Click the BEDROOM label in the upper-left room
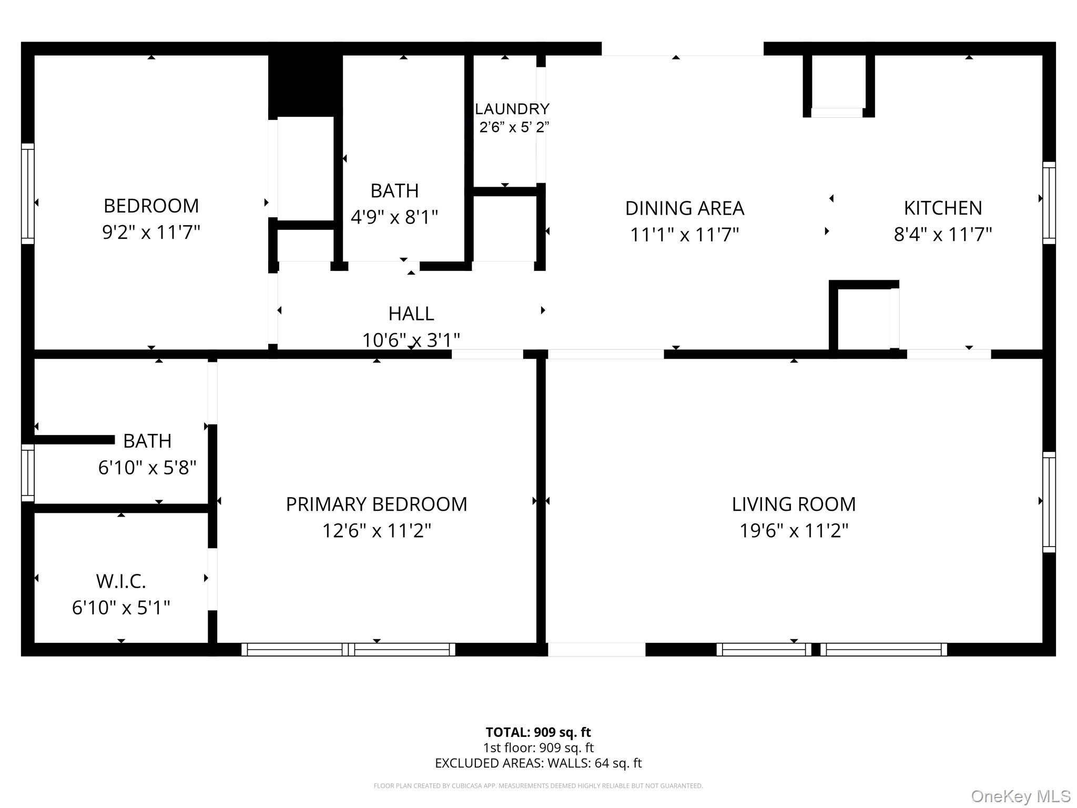tap(151, 206)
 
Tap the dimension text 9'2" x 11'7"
tap(151, 232)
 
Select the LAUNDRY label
tap(512, 109)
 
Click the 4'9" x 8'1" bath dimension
tap(394, 217)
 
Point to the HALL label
tap(411, 314)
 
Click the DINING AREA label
tap(684, 208)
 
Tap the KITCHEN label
tap(942, 208)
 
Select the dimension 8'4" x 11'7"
tap(942, 234)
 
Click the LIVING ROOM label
tap(793, 504)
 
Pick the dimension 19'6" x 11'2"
tap(793, 531)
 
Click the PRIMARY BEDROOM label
tap(376, 504)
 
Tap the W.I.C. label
tap(120, 581)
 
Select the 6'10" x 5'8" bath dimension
tap(147, 467)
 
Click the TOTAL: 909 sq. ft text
tap(538, 732)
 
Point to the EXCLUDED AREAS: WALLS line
tap(538, 763)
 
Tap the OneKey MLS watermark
tap(1020, 796)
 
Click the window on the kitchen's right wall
tap(1049, 203)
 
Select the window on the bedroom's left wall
tap(27, 194)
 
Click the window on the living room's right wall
tap(1049, 502)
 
